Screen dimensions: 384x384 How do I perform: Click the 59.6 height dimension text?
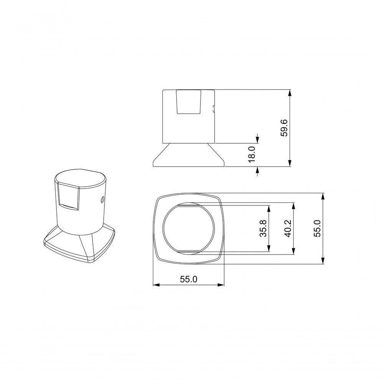(284, 128)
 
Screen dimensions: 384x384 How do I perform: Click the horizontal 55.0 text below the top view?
(188, 280)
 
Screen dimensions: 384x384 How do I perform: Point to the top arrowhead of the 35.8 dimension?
(269, 207)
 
